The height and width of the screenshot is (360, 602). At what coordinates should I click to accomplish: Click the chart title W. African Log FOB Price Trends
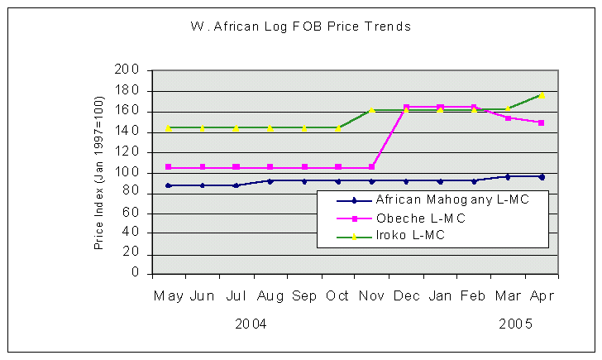(x=300, y=26)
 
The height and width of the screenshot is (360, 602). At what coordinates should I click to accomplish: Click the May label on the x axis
(x=169, y=295)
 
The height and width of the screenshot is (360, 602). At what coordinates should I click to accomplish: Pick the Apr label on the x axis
(x=542, y=295)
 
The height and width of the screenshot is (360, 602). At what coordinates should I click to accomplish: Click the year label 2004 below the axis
(x=251, y=324)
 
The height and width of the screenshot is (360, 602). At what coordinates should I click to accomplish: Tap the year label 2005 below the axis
(x=514, y=324)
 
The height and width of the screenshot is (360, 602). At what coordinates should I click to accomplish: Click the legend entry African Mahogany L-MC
(x=451, y=199)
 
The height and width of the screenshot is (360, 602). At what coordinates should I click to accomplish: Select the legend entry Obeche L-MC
(x=420, y=218)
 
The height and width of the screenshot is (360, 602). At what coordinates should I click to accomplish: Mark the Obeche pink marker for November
(x=372, y=167)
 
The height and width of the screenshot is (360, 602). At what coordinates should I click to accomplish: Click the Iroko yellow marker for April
(x=542, y=96)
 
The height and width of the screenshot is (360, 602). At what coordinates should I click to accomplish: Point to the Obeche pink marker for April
(x=542, y=122)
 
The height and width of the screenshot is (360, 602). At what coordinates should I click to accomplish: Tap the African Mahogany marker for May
(x=169, y=185)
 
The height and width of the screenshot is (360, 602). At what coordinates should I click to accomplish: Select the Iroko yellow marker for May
(x=169, y=128)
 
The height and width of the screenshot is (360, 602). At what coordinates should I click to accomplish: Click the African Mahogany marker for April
(x=542, y=176)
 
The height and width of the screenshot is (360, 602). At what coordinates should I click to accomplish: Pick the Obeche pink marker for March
(x=508, y=118)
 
